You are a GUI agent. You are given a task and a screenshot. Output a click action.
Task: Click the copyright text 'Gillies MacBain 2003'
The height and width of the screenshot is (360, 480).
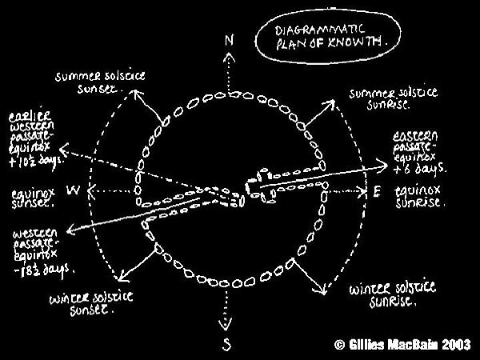click(404, 345)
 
